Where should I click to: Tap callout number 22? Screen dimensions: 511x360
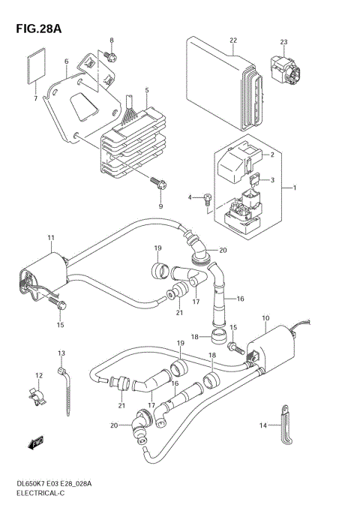[x=233, y=41]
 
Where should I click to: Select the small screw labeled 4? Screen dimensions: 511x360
[x=208, y=198]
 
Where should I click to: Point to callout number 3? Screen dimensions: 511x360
[x=272, y=180]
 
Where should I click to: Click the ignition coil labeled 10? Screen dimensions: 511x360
[x=273, y=348]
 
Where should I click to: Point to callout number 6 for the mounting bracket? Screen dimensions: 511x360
[x=66, y=62]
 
